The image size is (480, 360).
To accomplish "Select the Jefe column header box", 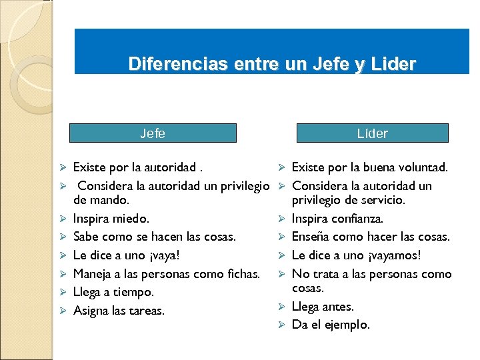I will (x=153, y=133).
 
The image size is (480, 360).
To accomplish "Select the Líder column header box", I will (x=372, y=133).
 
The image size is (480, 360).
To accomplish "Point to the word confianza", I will (x=357, y=218).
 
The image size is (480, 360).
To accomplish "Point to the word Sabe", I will (x=85, y=237).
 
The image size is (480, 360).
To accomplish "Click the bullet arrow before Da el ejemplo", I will (x=281, y=325).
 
